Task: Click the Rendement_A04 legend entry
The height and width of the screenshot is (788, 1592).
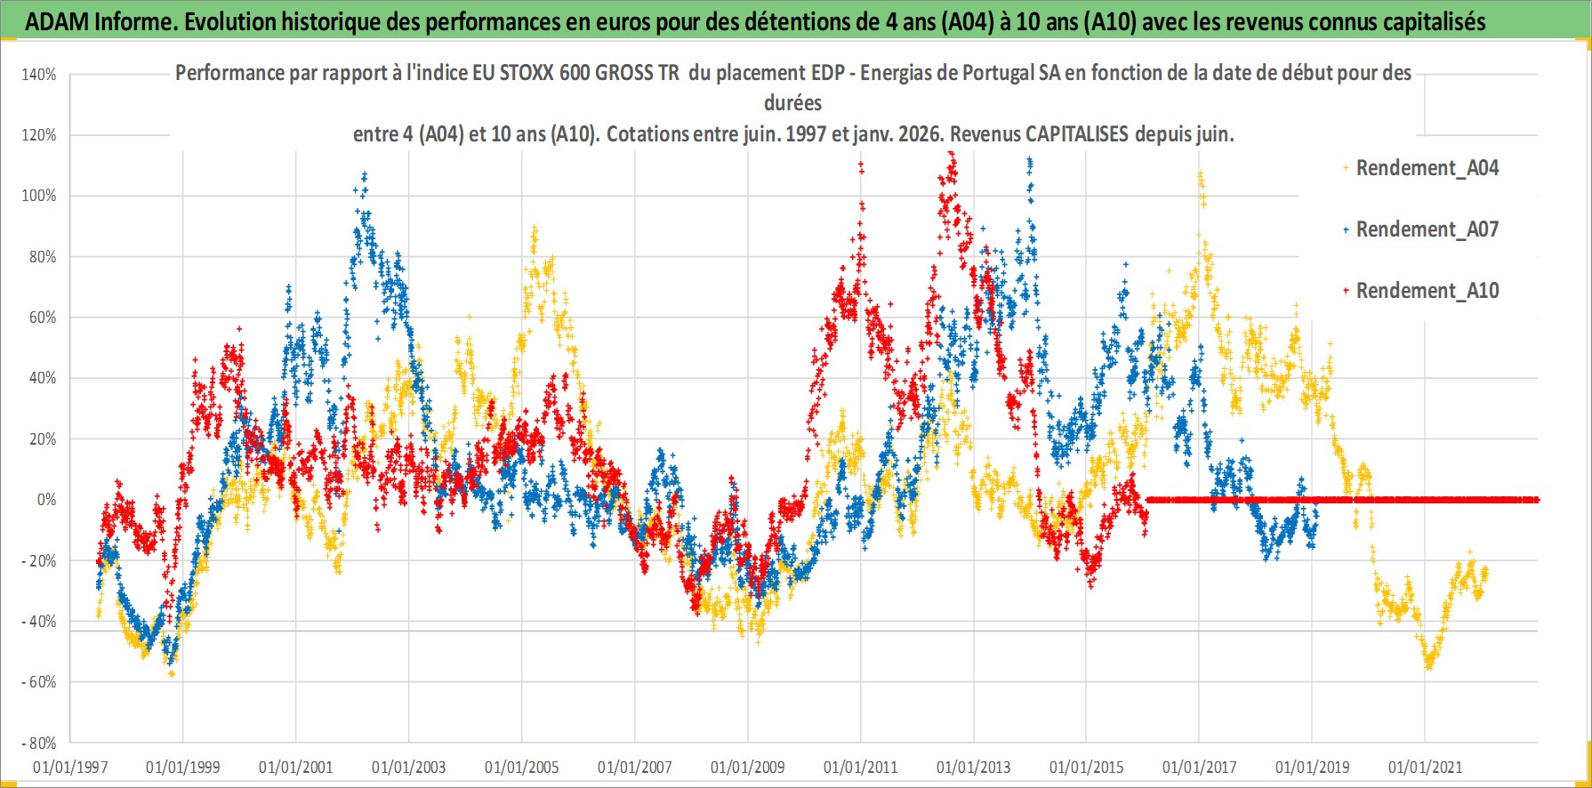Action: click(1427, 168)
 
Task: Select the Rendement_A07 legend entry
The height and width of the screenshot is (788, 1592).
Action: click(1427, 229)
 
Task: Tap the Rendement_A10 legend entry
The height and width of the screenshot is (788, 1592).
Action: click(1427, 291)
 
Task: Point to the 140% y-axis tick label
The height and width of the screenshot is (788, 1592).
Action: click(39, 75)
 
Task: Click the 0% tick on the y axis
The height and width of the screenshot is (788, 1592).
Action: click(46, 500)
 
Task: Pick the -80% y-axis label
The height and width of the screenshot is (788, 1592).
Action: click(39, 743)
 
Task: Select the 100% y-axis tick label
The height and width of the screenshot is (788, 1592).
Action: click(39, 196)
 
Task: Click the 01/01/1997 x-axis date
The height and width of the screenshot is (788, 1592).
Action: click(70, 767)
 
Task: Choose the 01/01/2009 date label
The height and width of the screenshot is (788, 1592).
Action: click(748, 767)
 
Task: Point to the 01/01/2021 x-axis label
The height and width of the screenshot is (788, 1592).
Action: click(1425, 767)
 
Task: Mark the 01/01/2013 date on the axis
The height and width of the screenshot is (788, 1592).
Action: click(973, 767)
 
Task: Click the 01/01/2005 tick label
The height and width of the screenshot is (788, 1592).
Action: click(522, 767)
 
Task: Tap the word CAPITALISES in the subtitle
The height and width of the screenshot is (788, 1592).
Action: click(1076, 134)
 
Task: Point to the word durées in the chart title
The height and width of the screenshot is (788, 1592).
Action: click(792, 103)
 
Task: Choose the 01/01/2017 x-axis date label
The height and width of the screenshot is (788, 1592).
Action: click(1199, 767)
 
